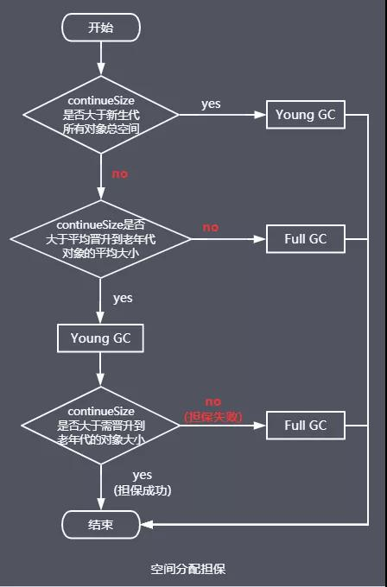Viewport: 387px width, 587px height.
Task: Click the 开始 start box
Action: point(101,28)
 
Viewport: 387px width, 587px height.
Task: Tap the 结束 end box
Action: point(101,525)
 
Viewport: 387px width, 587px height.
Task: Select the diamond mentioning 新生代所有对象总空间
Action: point(101,115)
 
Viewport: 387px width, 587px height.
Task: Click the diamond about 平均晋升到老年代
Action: point(101,239)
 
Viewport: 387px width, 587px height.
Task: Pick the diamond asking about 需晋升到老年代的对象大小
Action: point(101,426)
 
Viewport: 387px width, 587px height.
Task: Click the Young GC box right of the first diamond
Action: point(305,115)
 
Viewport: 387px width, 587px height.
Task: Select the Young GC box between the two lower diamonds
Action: point(100,338)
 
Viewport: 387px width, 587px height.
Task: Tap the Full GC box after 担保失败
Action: point(305,426)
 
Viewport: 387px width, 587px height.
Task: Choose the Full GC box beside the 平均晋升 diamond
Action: point(305,239)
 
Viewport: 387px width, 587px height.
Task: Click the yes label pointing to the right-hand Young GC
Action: point(211,104)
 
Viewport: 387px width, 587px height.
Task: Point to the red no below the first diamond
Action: point(120,174)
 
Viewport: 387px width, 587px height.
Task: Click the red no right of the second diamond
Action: point(211,227)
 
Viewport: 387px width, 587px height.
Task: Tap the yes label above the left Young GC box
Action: point(123,299)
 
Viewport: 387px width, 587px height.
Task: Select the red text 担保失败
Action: point(213,417)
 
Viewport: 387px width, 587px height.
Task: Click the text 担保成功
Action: point(143,490)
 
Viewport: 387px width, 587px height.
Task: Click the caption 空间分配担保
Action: point(188,569)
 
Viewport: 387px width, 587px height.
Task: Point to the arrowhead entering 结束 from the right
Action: point(147,525)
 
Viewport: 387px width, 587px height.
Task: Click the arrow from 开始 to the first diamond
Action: point(101,59)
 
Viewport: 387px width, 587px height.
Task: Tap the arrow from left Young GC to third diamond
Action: point(100,369)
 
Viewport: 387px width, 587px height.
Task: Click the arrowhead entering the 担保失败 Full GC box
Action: point(260,426)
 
